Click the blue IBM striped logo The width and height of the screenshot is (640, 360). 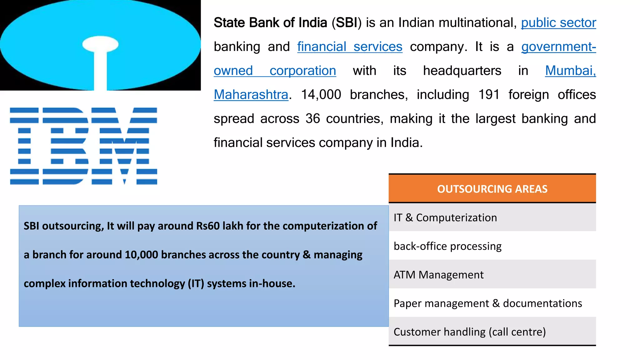pos(83,146)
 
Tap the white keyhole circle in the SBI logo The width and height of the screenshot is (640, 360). pos(100,44)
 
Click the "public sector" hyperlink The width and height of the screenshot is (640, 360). pos(558,23)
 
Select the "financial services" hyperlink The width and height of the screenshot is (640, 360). pos(350,47)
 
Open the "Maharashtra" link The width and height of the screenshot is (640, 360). pos(251,95)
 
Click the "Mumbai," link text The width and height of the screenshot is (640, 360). pos(570,71)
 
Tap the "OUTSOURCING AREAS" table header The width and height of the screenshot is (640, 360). pos(492,189)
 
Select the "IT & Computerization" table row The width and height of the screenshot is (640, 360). pos(445,217)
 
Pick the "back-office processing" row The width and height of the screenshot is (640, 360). pos(447,246)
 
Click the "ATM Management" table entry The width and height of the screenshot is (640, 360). pos(438,275)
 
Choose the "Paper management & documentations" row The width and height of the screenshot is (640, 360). pos(487,303)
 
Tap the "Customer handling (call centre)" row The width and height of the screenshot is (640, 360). pos(469,332)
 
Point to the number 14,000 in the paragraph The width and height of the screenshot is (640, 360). pos(321,95)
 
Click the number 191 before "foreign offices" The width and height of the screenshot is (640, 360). pos(489,95)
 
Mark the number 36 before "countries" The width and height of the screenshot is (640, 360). pos(312,119)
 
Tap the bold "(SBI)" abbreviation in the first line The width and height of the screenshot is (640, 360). pos(346,23)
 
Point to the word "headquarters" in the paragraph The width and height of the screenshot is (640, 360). pos(462,71)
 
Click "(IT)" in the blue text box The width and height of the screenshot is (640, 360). pos(196,283)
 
